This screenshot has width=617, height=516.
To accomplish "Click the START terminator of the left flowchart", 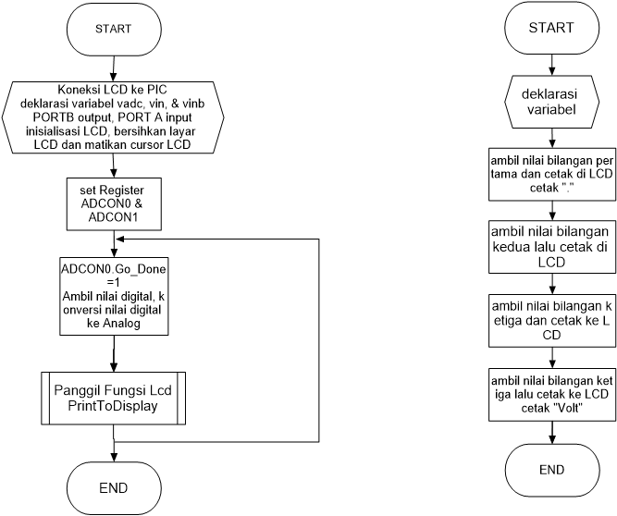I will pyautogui.click(x=113, y=29).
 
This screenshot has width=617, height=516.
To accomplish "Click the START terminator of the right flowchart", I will pyautogui.click(x=551, y=28).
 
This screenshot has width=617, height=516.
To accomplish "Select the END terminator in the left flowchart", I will pyautogui.click(x=113, y=487).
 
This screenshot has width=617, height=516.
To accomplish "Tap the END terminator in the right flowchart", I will pyautogui.click(x=551, y=470).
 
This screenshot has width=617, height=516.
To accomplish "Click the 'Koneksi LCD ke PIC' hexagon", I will pyautogui.click(x=113, y=117).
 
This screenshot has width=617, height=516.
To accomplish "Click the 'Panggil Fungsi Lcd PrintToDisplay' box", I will pyautogui.click(x=113, y=398).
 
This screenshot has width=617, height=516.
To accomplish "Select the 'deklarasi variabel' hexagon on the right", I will pyautogui.click(x=551, y=102).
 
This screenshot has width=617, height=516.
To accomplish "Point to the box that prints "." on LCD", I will pyautogui.click(x=551, y=172).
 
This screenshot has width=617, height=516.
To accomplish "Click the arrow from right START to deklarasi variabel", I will pyautogui.click(x=551, y=63).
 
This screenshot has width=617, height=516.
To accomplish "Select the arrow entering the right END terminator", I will pyautogui.click(x=551, y=435).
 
